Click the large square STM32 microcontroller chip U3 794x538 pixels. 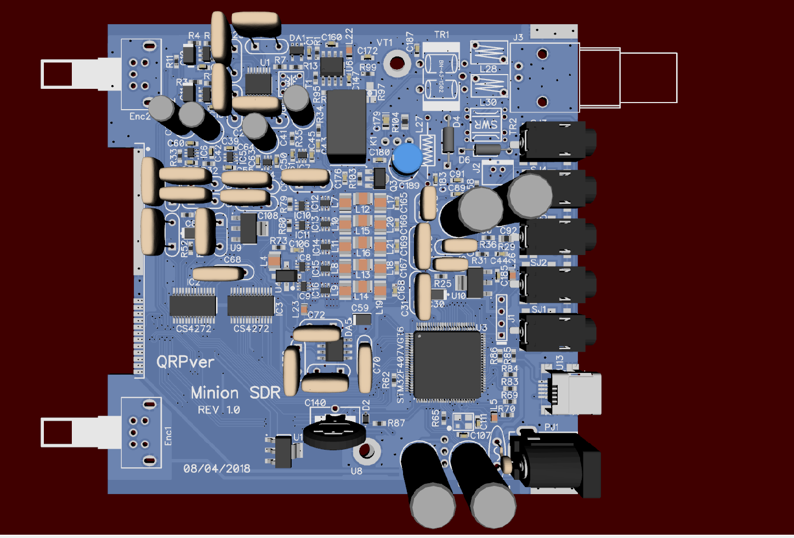(448, 365)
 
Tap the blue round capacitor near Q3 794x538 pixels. (407, 158)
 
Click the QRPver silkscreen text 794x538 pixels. (185, 362)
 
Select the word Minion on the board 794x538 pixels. (214, 393)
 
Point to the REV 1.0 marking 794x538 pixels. (219, 410)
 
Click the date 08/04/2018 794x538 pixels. (217, 468)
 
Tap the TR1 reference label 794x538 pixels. (441, 35)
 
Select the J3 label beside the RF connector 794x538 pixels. (518, 37)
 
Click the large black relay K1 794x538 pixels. (346, 126)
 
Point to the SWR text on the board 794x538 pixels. (486, 124)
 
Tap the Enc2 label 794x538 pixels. (139, 116)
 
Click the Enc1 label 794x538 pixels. (168, 435)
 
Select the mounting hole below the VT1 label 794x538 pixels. (396, 63)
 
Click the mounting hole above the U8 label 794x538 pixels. (366, 451)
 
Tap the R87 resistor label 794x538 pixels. (396, 423)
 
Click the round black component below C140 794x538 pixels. (334, 432)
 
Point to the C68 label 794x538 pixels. (232, 259)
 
